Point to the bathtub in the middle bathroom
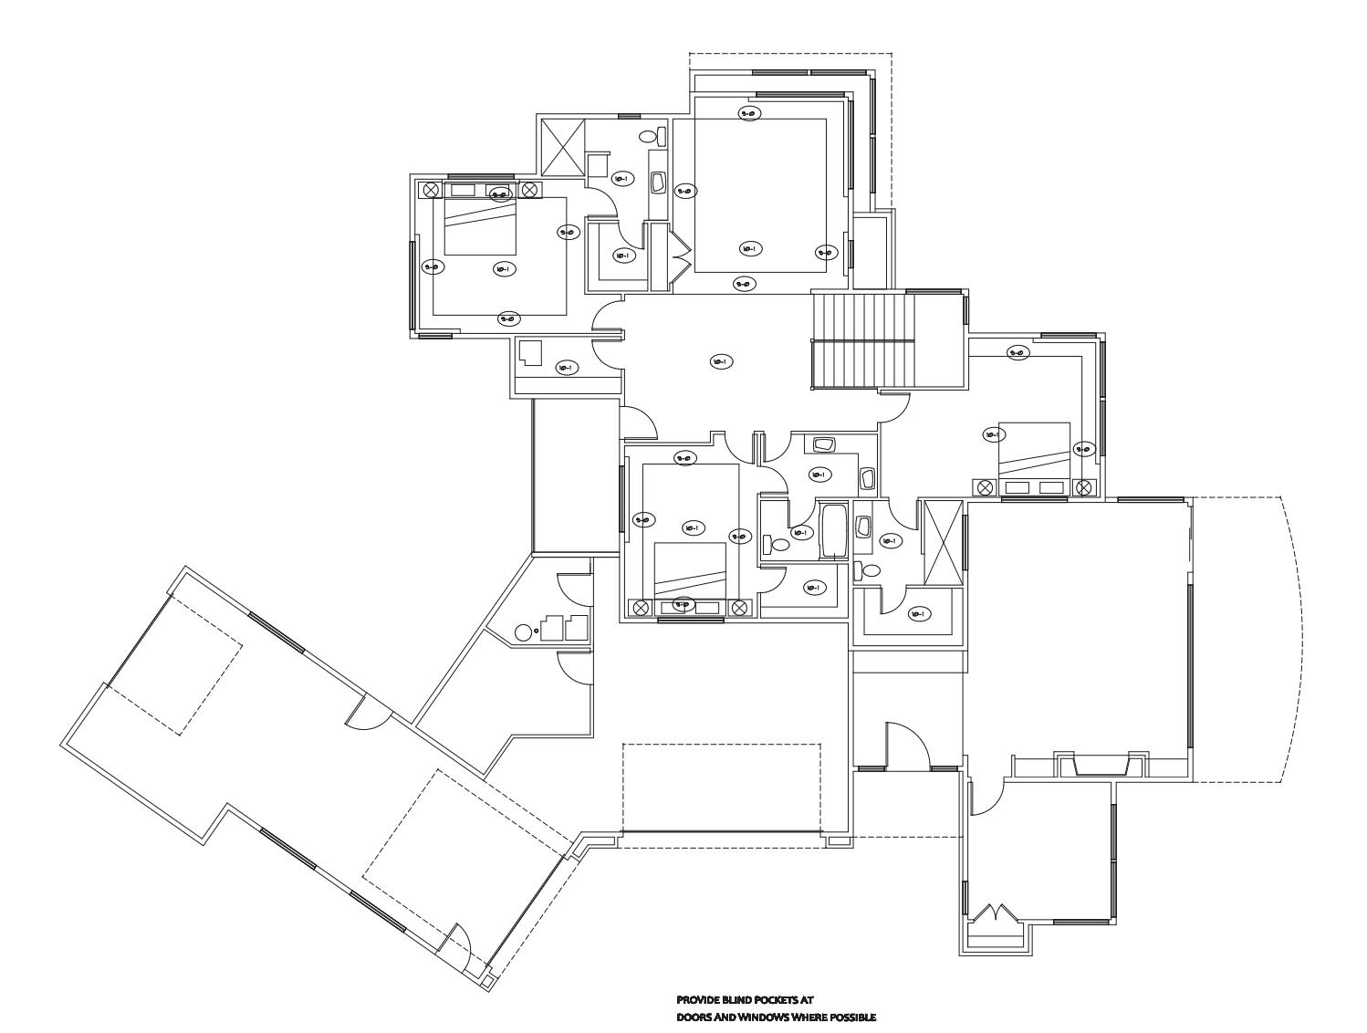click(834, 530)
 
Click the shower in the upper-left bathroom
click(560, 148)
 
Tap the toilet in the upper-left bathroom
click(648, 137)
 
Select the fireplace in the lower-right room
click(1101, 764)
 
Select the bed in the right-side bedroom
click(1034, 450)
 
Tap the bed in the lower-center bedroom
click(690, 569)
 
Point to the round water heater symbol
click(524, 631)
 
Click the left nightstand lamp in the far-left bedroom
click(432, 190)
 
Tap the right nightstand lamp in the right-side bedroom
click(1084, 487)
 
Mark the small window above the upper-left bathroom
click(629, 116)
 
